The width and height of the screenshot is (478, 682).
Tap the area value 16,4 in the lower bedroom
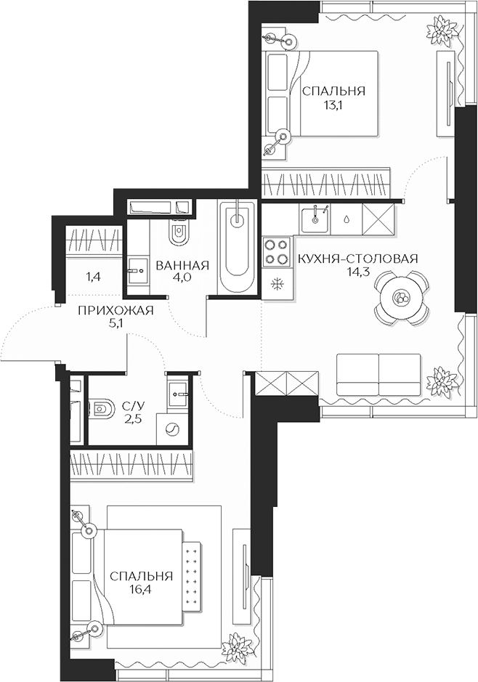point(142,590)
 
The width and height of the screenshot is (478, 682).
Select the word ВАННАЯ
point(182,266)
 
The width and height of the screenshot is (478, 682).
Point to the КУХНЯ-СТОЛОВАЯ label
point(358,259)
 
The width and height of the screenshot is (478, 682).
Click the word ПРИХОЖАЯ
point(116,311)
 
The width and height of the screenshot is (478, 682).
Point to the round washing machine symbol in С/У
point(172,429)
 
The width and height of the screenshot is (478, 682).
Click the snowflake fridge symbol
point(276,283)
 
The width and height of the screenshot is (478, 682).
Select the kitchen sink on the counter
point(317,216)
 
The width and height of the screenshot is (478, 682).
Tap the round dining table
point(401,297)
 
